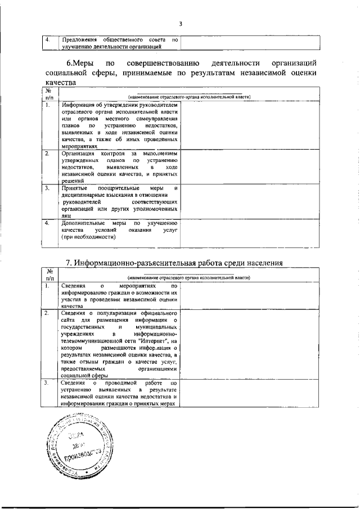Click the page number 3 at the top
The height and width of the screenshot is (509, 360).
[180, 24]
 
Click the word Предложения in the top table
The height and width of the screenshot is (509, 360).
[79, 40]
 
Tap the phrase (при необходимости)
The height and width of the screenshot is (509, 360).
[84, 237]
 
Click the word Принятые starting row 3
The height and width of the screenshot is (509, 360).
[74, 188]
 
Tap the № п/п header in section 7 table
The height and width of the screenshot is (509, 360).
[49, 274]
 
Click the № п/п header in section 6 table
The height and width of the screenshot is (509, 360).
[49, 94]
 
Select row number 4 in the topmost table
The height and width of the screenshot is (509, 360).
[48, 40]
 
